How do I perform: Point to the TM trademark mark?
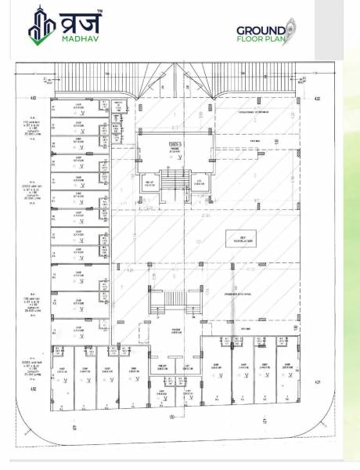pos(98,11)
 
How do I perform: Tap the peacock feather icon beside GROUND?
pos(289,28)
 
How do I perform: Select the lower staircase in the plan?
pos(172,301)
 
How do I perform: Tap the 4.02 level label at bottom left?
pos(33,389)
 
